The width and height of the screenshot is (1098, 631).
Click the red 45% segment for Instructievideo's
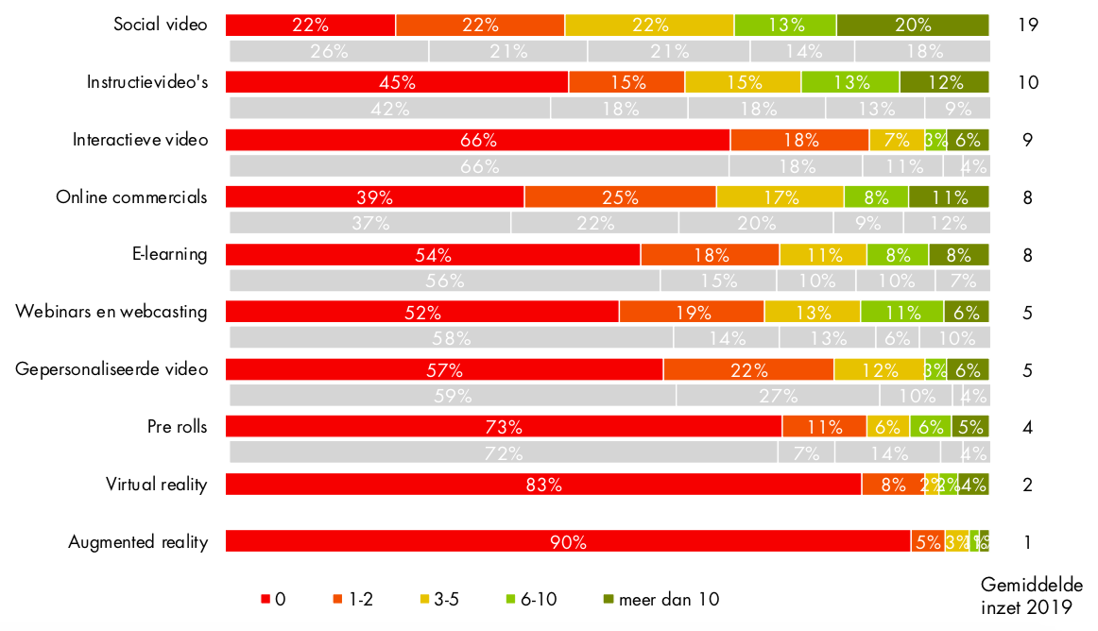(x=397, y=82)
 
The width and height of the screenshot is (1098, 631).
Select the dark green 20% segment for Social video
(x=912, y=25)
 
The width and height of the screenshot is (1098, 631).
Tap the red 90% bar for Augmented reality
(x=568, y=542)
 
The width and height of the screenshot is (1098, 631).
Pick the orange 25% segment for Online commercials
(x=620, y=197)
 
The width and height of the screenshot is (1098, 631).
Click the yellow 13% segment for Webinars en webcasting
(x=812, y=313)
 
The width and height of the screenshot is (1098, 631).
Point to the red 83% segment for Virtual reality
(x=543, y=485)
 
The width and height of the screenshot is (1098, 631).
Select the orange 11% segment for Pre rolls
(x=824, y=427)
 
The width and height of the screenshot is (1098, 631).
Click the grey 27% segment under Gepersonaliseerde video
(x=778, y=396)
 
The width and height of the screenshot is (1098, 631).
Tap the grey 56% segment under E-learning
(x=444, y=281)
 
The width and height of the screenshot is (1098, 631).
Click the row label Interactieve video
(x=140, y=140)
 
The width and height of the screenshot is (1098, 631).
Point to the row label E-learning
(x=169, y=254)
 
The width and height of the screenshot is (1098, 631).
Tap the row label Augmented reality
(x=137, y=542)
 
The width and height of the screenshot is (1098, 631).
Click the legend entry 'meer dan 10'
(x=661, y=599)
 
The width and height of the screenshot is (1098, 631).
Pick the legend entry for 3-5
(x=439, y=599)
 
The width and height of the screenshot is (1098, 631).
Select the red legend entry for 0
(x=272, y=599)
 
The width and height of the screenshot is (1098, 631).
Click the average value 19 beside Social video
(x=1028, y=25)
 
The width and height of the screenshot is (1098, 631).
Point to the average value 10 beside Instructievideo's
(x=1028, y=82)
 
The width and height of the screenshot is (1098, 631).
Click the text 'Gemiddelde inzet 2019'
(x=1031, y=596)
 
